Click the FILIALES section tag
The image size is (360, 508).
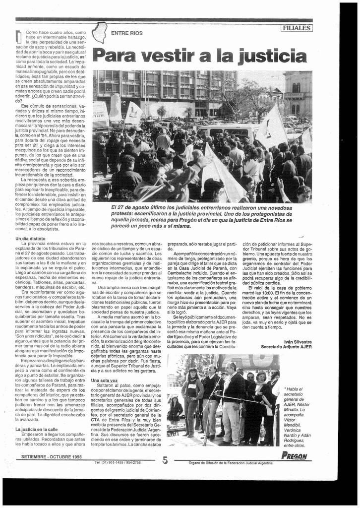tap(297, 28)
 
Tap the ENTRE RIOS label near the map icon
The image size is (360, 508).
tap(126, 33)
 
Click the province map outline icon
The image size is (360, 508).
tap(100, 32)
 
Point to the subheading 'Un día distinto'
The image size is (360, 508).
tap(31, 239)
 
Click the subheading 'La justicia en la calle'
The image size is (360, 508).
tap(36, 429)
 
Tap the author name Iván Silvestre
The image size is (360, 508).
tap(298, 342)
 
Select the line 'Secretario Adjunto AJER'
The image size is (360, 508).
tap(286, 347)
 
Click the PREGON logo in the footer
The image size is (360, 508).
tap(294, 457)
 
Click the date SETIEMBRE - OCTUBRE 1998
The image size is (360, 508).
tap(51, 456)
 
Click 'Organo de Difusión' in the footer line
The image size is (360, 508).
tap(203, 463)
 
